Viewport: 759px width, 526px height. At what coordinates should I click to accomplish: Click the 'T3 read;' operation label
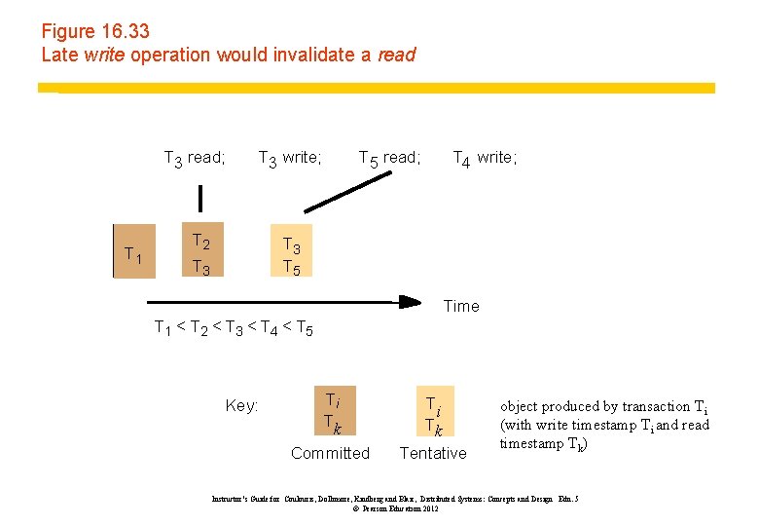[x=195, y=158]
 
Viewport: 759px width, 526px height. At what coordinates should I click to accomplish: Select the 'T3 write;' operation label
[x=289, y=158]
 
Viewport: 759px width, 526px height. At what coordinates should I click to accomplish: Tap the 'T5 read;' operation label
[x=389, y=158]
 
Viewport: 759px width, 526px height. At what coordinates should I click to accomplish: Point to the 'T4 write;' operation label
[x=485, y=158]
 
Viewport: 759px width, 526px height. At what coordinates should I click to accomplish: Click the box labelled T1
[x=134, y=255]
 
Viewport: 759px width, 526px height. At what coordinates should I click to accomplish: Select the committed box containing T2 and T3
[x=201, y=253]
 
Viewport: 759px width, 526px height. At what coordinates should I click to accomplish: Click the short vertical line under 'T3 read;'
[x=200, y=198]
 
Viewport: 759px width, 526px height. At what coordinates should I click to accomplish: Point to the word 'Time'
[x=461, y=306]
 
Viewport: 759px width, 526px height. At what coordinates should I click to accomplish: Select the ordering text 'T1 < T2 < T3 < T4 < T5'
[x=234, y=328]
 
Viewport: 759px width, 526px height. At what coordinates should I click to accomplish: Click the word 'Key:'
[x=241, y=405]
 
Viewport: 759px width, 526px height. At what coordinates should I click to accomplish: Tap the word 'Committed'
[x=331, y=453]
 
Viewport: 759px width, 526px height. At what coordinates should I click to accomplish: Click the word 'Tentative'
[x=433, y=453]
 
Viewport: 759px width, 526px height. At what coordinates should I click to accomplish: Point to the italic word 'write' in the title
[x=104, y=55]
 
